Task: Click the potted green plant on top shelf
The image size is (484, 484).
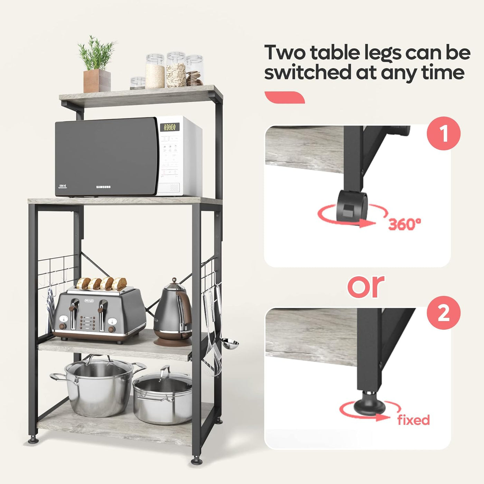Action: [96, 66]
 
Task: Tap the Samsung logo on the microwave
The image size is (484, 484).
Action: [103, 187]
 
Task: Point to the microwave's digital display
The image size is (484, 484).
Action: [169, 127]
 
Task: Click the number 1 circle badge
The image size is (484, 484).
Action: [444, 133]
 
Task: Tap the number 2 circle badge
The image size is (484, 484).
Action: [444, 313]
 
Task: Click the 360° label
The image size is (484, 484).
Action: [404, 224]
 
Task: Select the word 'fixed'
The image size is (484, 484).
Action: [413, 420]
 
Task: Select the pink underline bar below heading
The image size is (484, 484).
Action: [284, 97]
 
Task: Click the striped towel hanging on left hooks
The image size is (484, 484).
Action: [50, 308]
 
